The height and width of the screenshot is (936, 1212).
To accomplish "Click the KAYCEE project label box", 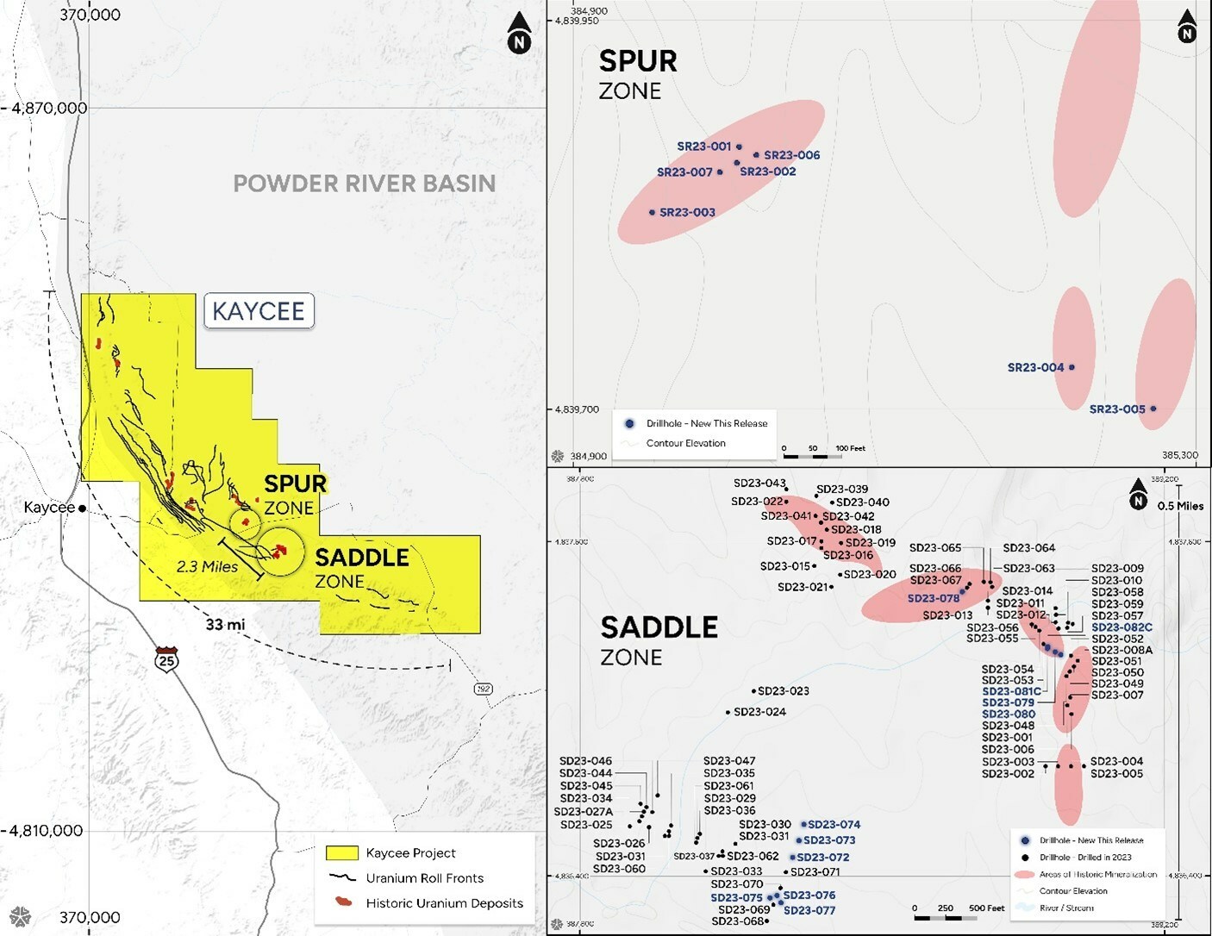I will pos(259,311).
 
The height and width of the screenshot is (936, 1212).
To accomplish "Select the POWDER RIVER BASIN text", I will pos(365,184).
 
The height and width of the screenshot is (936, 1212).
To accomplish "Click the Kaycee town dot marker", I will pos(82,509).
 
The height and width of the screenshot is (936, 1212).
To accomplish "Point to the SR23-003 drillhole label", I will pos(687,212).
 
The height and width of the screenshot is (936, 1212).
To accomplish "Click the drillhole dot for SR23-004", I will pos(1071,367).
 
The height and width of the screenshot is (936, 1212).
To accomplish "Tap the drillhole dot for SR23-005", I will pos(1153,409).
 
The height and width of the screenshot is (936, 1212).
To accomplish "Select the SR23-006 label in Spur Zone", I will pos(791,155).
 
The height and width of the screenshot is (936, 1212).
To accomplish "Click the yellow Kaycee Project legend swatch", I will pos(341,853).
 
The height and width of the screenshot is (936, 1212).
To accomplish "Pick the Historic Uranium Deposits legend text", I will pos(444,903).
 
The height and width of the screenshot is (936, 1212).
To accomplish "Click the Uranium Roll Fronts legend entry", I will pos(424,878).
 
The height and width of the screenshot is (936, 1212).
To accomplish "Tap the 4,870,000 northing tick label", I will pos(49,109).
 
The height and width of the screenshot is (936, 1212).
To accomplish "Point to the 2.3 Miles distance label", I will pos(207,567).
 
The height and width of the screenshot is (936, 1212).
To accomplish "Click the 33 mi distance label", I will pos(225,624).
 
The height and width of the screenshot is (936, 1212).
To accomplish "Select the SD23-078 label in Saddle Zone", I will pos(933,598).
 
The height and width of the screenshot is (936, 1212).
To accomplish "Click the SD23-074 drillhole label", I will pos(834,825).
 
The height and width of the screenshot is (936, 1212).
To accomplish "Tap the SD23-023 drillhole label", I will pos(783,691).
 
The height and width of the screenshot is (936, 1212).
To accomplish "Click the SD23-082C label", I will pos(1121,627).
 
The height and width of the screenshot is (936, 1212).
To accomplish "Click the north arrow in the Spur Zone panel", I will pos(1187,28).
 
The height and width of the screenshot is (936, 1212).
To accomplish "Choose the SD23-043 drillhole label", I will pos(759,484).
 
